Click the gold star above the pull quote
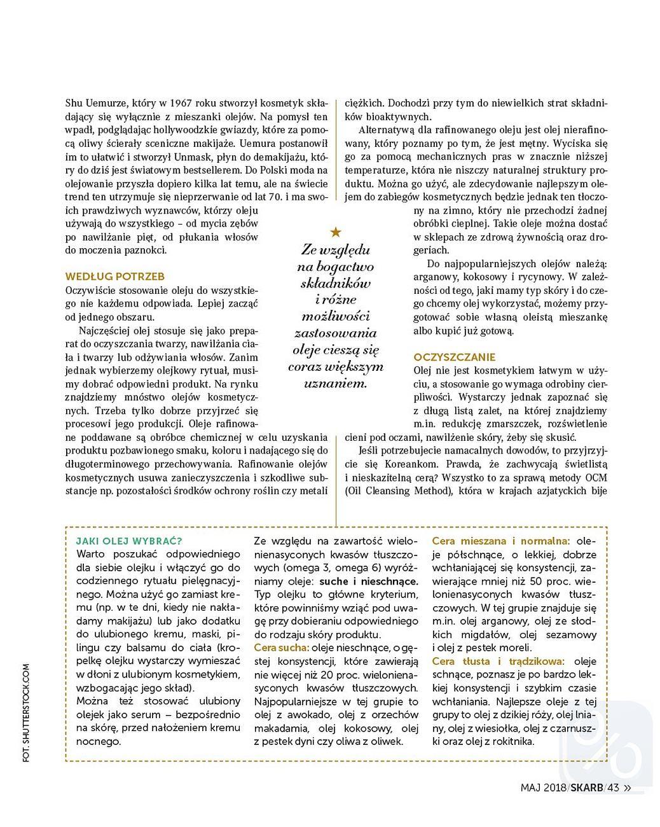tap(336, 232)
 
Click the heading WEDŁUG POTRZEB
tap(115, 277)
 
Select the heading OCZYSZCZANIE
tap(454, 358)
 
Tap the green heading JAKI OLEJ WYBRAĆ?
tap(128, 541)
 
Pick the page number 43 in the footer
tap(613, 788)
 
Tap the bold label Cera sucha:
tap(281, 648)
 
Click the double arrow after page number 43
tap(628, 788)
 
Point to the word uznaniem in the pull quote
tap(336, 384)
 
